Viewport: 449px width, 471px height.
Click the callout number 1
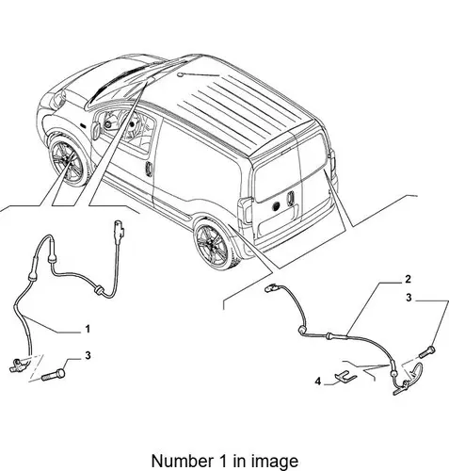pos(88,329)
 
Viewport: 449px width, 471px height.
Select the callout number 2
pos(408,279)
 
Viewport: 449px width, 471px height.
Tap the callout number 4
pos(318,382)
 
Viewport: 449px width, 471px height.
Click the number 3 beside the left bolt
pos(88,355)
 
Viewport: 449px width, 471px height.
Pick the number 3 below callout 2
pos(409,298)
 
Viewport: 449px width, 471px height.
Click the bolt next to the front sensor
pos(54,375)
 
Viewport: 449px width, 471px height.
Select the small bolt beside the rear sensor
pos(427,352)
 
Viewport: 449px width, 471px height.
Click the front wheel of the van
pos(67,163)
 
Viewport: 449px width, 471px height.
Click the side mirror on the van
pos(95,130)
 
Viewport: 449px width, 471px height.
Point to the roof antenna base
pos(180,74)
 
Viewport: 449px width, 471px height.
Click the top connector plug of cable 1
pos(119,230)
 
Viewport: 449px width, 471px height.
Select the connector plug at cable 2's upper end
pos(271,288)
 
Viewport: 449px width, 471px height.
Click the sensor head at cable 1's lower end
pos(18,365)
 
